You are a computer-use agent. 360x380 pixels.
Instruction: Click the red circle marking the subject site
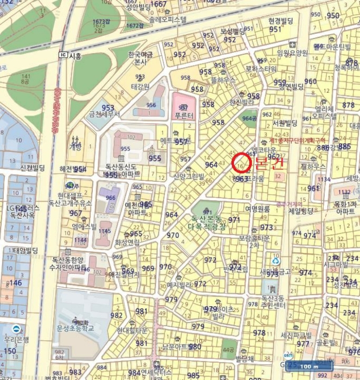[x=240, y=163]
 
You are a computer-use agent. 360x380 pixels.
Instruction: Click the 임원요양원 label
[x=292, y=53]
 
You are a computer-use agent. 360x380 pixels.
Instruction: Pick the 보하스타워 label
[x=261, y=69]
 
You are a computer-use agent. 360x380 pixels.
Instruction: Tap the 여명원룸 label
[x=257, y=208]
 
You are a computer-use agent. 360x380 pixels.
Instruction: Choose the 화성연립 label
[x=128, y=242]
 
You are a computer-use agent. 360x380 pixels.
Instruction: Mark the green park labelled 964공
[x=249, y=118]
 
